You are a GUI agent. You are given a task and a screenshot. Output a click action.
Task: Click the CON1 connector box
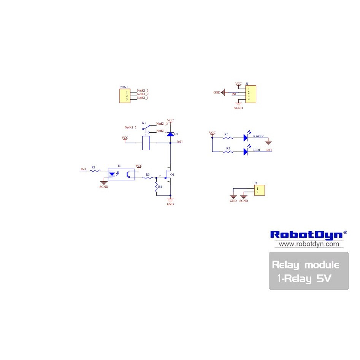(124, 95)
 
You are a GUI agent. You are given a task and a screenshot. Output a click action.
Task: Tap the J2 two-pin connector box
(259, 190)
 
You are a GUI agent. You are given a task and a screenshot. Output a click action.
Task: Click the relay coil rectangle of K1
(146, 143)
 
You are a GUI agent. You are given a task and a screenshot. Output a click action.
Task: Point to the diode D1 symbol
(170, 134)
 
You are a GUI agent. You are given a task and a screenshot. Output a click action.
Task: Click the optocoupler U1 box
(121, 174)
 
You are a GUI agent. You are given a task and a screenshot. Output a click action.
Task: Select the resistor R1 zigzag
(95, 171)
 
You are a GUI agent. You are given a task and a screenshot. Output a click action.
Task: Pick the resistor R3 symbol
(147, 178)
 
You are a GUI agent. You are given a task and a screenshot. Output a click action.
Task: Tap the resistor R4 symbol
(156, 187)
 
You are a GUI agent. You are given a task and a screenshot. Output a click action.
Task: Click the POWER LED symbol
(246, 138)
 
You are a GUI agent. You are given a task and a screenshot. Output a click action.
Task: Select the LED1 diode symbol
(246, 151)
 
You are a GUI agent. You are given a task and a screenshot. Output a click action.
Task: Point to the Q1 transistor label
(172, 174)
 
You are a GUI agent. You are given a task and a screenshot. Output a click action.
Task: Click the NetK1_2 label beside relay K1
(130, 127)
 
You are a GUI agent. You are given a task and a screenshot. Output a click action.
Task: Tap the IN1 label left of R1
(84, 169)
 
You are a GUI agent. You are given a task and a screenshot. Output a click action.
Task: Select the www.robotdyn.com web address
(309, 244)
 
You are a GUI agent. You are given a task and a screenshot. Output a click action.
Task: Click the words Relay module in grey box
(306, 265)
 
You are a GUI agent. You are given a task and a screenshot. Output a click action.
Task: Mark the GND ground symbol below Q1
(170, 200)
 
